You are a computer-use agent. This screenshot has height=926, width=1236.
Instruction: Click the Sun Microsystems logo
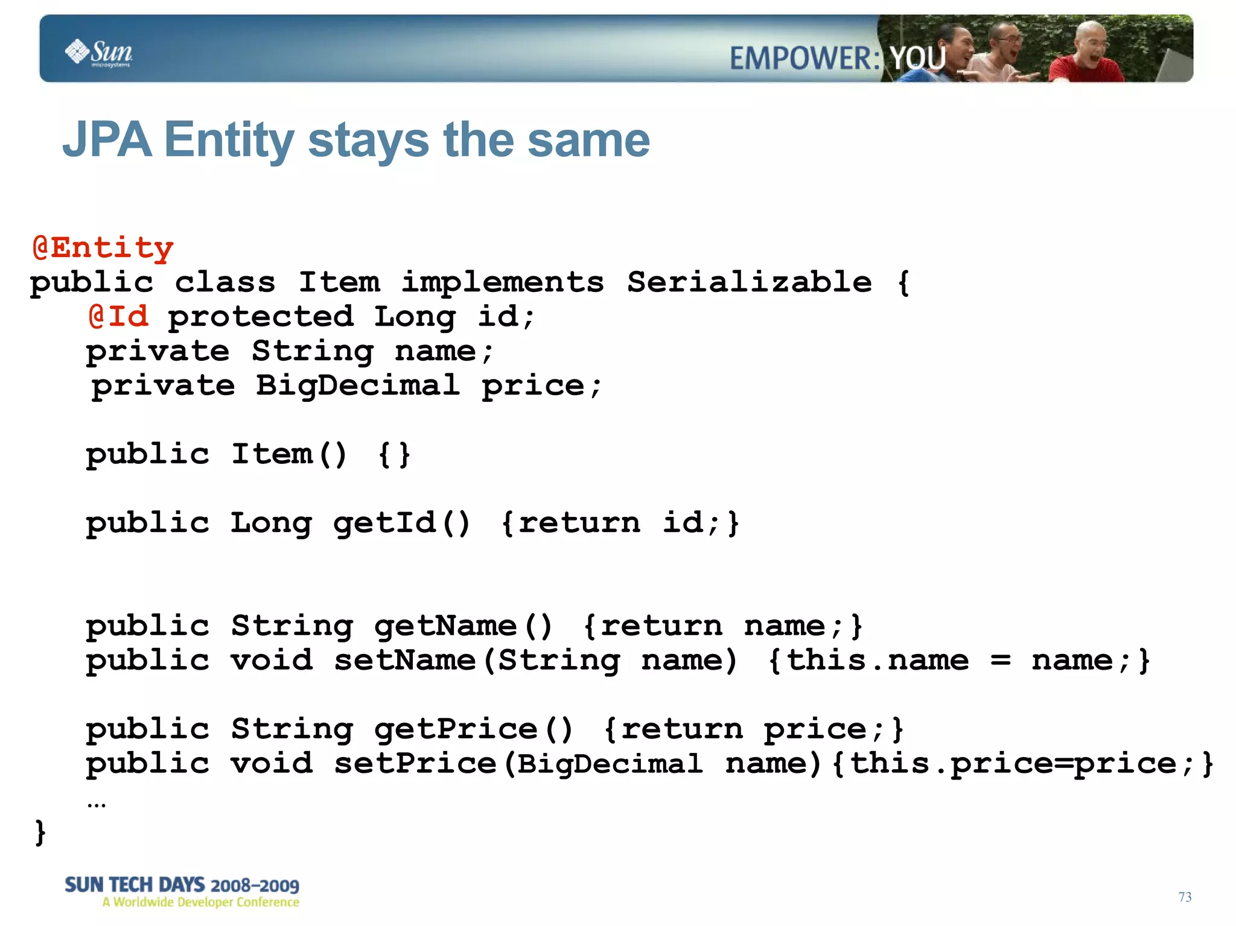pyautogui.click(x=99, y=53)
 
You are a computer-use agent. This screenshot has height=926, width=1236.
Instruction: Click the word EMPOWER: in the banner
pyautogui.click(x=805, y=59)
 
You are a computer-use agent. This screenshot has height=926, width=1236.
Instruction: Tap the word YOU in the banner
pyautogui.click(x=918, y=59)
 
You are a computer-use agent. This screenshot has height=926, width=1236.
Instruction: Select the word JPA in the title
pyautogui.click(x=107, y=140)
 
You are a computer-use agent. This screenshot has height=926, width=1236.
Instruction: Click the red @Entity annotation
pyautogui.click(x=103, y=248)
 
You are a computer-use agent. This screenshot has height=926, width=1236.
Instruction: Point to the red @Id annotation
pyautogui.click(x=118, y=316)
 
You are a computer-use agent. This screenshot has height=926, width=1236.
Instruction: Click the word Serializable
pyautogui.click(x=749, y=282)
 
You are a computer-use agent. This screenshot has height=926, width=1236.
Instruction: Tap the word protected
pyautogui.click(x=261, y=317)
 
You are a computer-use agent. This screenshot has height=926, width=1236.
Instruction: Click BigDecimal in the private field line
pyautogui.click(x=357, y=385)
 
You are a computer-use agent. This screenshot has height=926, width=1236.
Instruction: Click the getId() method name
pyautogui.click(x=401, y=522)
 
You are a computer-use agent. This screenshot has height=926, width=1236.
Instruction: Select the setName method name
pyautogui.click(x=404, y=660)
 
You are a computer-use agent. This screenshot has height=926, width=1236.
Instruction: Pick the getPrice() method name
pyautogui.click(x=473, y=729)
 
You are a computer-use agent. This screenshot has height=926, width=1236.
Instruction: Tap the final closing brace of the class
pyautogui.click(x=40, y=832)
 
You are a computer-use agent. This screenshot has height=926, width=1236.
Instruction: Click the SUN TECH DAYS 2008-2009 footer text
pyautogui.click(x=182, y=885)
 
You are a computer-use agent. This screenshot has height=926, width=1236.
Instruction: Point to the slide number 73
pyautogui.click(x=1185, y=896)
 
